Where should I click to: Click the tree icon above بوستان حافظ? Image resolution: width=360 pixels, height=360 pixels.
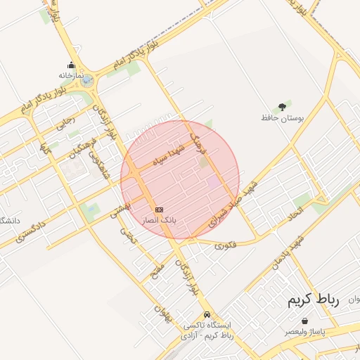pyautogui.click(x=282, y=107)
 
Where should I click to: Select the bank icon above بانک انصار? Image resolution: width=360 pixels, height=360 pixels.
pyautogui.click(x=159, y=210)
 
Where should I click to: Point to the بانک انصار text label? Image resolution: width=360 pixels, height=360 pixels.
pyautogui.click(x=159, y=220)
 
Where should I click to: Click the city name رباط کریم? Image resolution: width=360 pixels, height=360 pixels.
pyautogui.click(x=313, y=300)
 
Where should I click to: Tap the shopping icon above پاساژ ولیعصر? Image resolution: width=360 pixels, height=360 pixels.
pyautogui.click(x=304, y=320)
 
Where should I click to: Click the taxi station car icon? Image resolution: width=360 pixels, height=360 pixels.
pyautogui.click(x=207, y=314)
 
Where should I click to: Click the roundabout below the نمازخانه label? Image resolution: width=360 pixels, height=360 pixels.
pyautogui.click(x=86, y=82)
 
